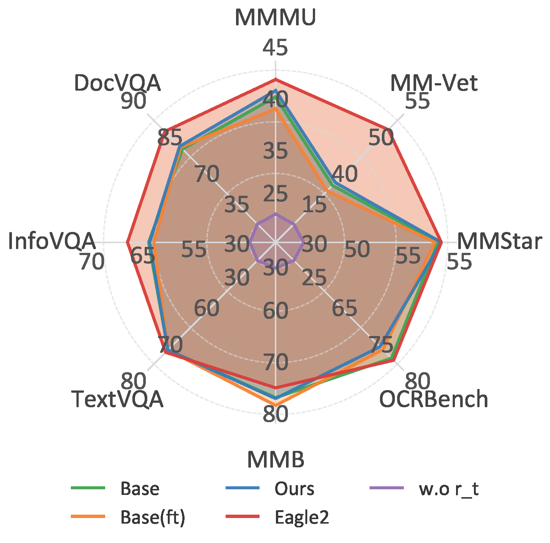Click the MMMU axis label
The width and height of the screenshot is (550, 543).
point(275,17)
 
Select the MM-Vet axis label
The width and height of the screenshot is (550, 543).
point(433,83)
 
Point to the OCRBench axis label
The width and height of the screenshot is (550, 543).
point(433,399)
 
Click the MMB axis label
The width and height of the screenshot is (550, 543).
point(276,459)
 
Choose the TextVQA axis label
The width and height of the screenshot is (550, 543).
point(117,399)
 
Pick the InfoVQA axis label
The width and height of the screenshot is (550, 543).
point(51,241)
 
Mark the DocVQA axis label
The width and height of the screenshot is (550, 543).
point(117,83)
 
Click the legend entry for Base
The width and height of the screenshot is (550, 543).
point(140,489)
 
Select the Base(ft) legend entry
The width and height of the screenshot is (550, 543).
point(153,517)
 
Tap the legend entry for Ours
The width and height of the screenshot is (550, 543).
point(294,489)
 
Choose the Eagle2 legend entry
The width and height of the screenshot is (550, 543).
point(302,517)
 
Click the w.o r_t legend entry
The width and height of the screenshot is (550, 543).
point(449,489)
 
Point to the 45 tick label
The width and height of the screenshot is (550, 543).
point(276,48)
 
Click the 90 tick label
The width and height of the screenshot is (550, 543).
point(133,101)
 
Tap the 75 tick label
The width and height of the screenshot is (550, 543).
point(381,345)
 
